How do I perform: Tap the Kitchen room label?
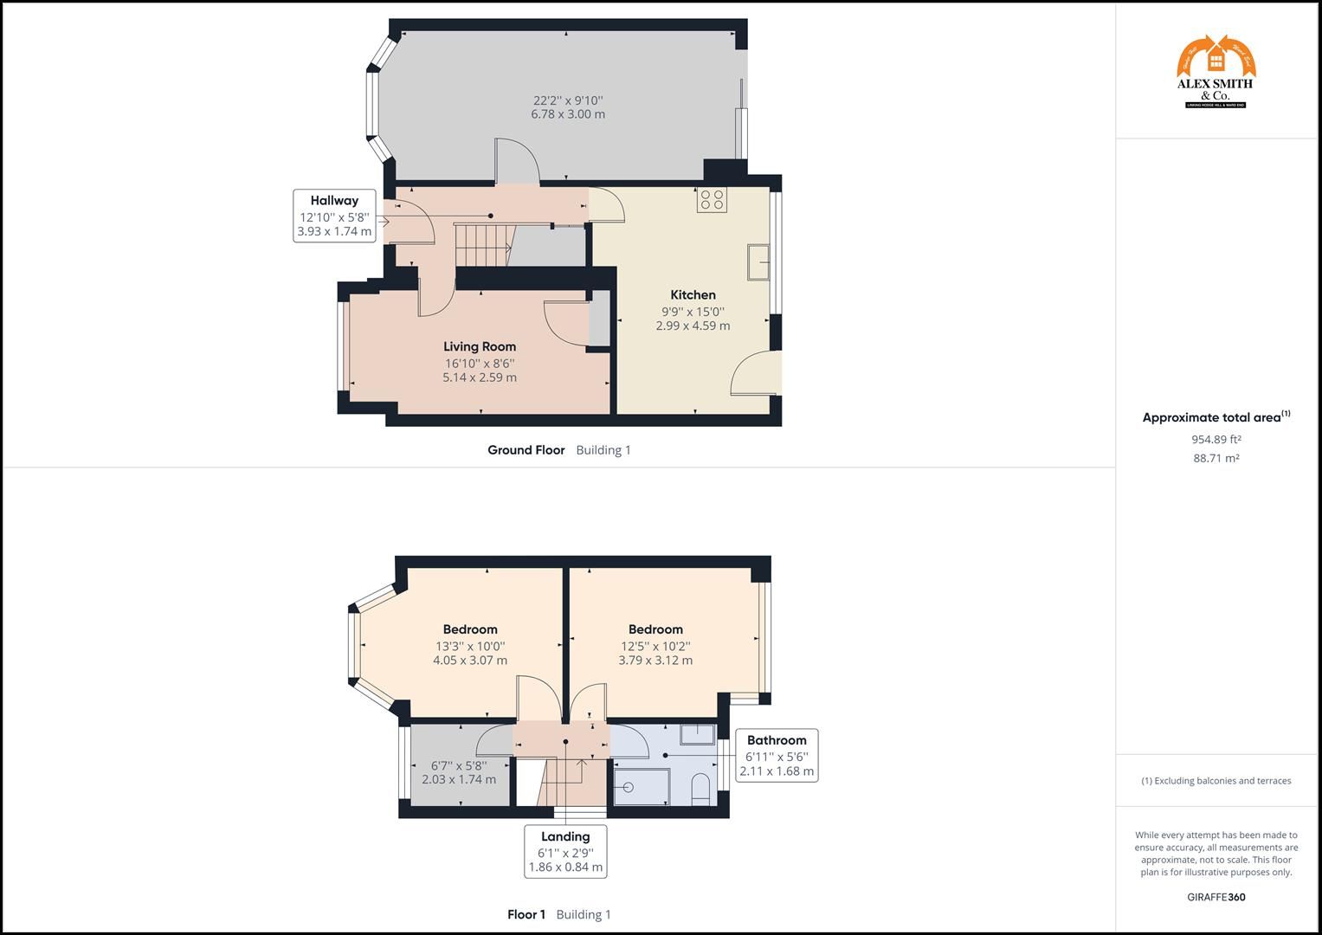[693, 295]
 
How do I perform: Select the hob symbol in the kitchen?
[712, 200]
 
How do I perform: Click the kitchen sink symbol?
[759, 262]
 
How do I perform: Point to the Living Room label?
[480, 347]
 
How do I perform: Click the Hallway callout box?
[334, 216]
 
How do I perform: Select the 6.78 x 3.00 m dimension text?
[568, 114]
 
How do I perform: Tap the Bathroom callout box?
[776, 755]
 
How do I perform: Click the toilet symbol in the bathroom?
[701, 788]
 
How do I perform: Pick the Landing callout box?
[565, 851]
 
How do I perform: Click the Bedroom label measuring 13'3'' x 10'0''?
[470, 629]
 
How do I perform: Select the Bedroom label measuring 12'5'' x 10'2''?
[655, 629]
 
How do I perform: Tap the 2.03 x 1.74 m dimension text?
[459, 779]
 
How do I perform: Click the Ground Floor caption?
[526, 450]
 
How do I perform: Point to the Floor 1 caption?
[526, 914]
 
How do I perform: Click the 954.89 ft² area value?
[1216, 439]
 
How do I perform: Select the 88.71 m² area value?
[1216, 459]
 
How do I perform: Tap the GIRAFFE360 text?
[1216, 897]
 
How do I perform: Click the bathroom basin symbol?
[698, 734]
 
